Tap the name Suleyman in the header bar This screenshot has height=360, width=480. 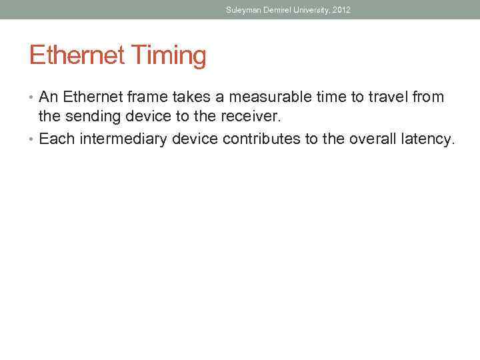(x=243, y=9)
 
